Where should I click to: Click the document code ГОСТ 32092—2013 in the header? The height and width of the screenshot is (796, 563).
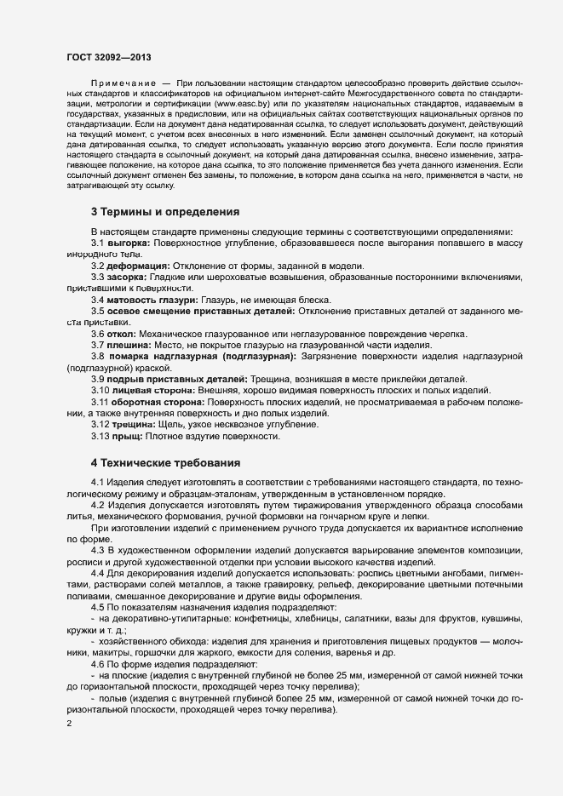pyautogui.click(x=110, y=55)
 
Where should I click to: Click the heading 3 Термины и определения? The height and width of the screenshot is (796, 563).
pyautogui.click(x=164, y=211)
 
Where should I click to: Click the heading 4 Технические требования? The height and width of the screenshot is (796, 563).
pyautogui.click(x=165, y=463)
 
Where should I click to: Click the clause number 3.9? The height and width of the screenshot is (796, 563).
pyautogui.click(x=99, y=378)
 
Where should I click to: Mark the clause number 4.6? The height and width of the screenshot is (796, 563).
pyautogui.click(x=99, y=663)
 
